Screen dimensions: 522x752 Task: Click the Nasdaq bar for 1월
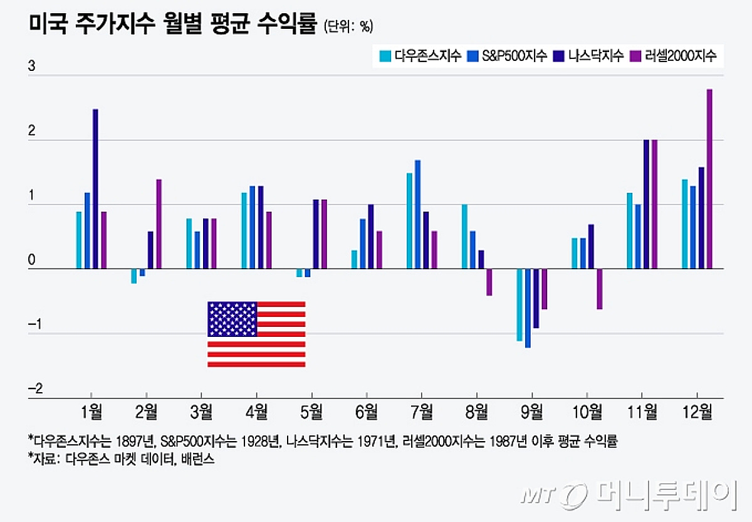95,189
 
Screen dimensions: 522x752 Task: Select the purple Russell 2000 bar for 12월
709,179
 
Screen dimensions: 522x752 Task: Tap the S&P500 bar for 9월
528,308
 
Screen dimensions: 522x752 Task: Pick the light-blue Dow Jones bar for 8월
464,237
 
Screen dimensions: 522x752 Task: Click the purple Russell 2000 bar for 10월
599,289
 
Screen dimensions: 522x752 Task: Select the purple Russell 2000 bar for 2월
159,224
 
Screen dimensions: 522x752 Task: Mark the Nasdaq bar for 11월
646,204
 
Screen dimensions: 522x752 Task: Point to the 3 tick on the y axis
32,68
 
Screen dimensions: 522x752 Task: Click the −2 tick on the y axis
35,390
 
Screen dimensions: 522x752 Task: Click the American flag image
256,334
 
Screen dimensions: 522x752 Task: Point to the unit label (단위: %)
348,27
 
